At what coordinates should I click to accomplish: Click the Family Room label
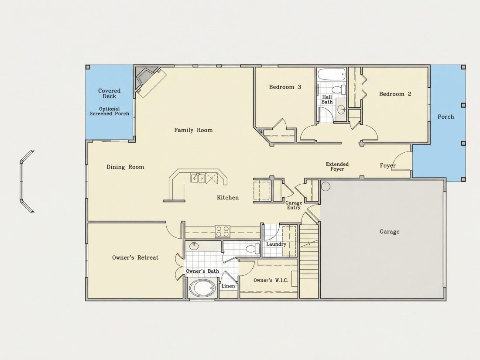click(x=193, y=130)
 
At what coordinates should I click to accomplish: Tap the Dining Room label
click(x=125, y=167)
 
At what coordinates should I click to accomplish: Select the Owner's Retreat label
click(x=135, y=257)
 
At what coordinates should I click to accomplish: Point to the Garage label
click(x=389, y=232)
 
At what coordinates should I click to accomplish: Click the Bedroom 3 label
click(x=285, y=87)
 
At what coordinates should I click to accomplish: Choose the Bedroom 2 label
click(x=395, y=94)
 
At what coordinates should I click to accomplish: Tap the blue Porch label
click(x=446, y=117)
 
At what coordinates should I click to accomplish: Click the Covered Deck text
click(x=109, y=93)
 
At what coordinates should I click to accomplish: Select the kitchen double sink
click(x=198, y=178)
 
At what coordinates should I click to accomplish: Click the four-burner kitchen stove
click(x=223, y=231)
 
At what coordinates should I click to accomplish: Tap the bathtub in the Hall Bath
click(x=331, y=75)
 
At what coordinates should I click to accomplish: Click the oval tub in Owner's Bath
click(x=202, y=288)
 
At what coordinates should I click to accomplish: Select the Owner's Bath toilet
click(x=253, y=249)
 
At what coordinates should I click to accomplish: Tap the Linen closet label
click(x=228, y=286)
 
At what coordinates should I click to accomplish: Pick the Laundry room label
click(x=276, y=244)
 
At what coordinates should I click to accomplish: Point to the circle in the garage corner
click(x=326, y=186)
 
